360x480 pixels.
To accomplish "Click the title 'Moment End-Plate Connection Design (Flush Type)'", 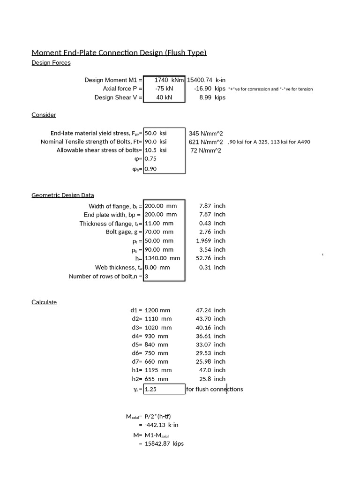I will click(x=119, y=52).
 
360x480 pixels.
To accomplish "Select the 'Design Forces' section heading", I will click(x=51, y=63).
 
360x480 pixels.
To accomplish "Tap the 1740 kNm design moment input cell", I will click(x=165, y=80).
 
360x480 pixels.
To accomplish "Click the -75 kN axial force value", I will click(x=164, y=89).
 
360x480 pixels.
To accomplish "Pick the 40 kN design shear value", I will click(x=164, y=97).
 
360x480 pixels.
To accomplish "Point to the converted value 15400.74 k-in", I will click(x=206, y=80).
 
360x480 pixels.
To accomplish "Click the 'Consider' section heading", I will click(x=44, y=115).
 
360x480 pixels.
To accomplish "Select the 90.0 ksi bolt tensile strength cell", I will click(x=156, y=142).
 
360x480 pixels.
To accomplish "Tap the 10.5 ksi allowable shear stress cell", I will click(x=156, y=150).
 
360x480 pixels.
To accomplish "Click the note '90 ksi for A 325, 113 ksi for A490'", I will click(x=269, y=142).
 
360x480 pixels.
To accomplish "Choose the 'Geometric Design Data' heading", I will click(x=63, y=195).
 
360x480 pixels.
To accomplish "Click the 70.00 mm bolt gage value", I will click(x=159, y=232).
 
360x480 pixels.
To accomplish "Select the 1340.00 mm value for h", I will click(x=163, y=258).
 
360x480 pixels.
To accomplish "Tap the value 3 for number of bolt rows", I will click(x=147, y=277).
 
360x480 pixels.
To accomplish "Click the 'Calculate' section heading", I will click(x=44, y=302).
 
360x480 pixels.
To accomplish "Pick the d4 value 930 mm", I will click(x=157, y=336).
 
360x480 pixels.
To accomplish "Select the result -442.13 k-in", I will click(x=162, y=425).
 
